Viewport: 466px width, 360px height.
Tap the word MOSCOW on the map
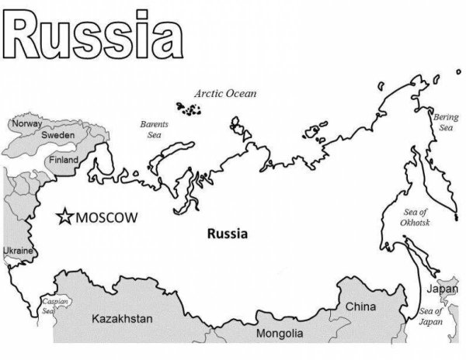(x=106, y=216)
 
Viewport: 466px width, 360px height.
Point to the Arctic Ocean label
(x=225, y=93)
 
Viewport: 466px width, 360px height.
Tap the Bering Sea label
(x=446, y=122)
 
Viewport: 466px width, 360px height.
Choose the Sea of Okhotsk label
(x=415, y=216)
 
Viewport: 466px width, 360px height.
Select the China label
(x=360, y=306)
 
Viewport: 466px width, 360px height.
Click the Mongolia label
(x=280, y=334)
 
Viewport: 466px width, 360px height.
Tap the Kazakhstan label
(x=123, y=319)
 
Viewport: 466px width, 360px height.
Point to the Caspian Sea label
(x=54, y=304)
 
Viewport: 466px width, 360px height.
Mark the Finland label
(x=64, y=159)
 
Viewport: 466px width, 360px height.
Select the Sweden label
(x=57, y=135)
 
